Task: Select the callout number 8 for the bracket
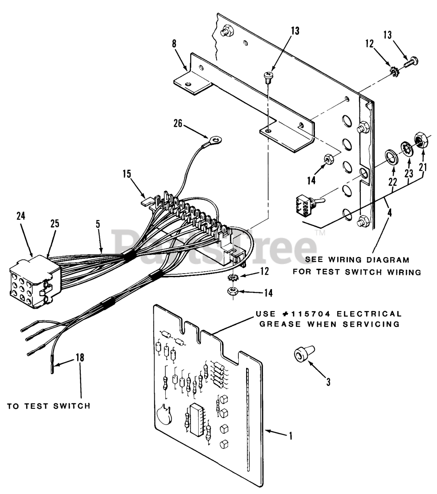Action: (x=174, y=43)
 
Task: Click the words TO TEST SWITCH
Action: (x=49, y=406)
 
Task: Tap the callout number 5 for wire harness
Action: (x=98, y=225)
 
